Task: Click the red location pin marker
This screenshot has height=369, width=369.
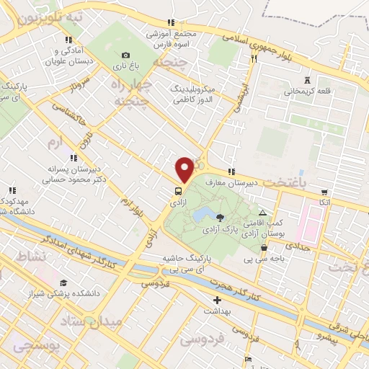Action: coord(184,169)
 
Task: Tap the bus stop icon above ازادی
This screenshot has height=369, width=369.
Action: coord(177,191)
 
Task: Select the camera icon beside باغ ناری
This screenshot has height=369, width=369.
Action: coord(126,55)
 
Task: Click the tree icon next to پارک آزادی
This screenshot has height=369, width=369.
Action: coord(220,216)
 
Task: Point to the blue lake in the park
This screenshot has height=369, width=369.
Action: coord(202,214)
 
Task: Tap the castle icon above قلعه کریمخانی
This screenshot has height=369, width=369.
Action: coord(309,79)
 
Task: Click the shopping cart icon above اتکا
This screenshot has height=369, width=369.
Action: coord(324,192)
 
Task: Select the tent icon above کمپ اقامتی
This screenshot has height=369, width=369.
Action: coord(262,213)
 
